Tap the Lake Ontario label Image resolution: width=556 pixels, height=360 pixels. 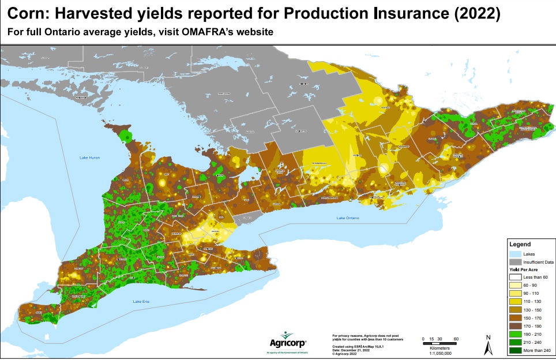[348, 218]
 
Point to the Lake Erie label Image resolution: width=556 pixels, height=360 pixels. [142, 302]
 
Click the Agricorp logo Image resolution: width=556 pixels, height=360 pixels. [287, 340]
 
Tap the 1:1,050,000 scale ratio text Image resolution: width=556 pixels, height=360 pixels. [441, 352]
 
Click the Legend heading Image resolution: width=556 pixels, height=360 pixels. [520, 244]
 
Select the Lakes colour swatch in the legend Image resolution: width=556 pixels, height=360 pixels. [516, 253]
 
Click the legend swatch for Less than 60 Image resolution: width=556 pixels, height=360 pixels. [516, 277]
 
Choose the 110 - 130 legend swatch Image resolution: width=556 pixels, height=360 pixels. [516, 301]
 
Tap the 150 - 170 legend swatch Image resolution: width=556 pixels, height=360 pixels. [516, 317]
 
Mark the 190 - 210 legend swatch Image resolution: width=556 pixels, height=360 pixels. [516, 333]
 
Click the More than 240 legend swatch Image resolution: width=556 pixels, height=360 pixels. [516, 350]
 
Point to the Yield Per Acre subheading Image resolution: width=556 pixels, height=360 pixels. [524, 269]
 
